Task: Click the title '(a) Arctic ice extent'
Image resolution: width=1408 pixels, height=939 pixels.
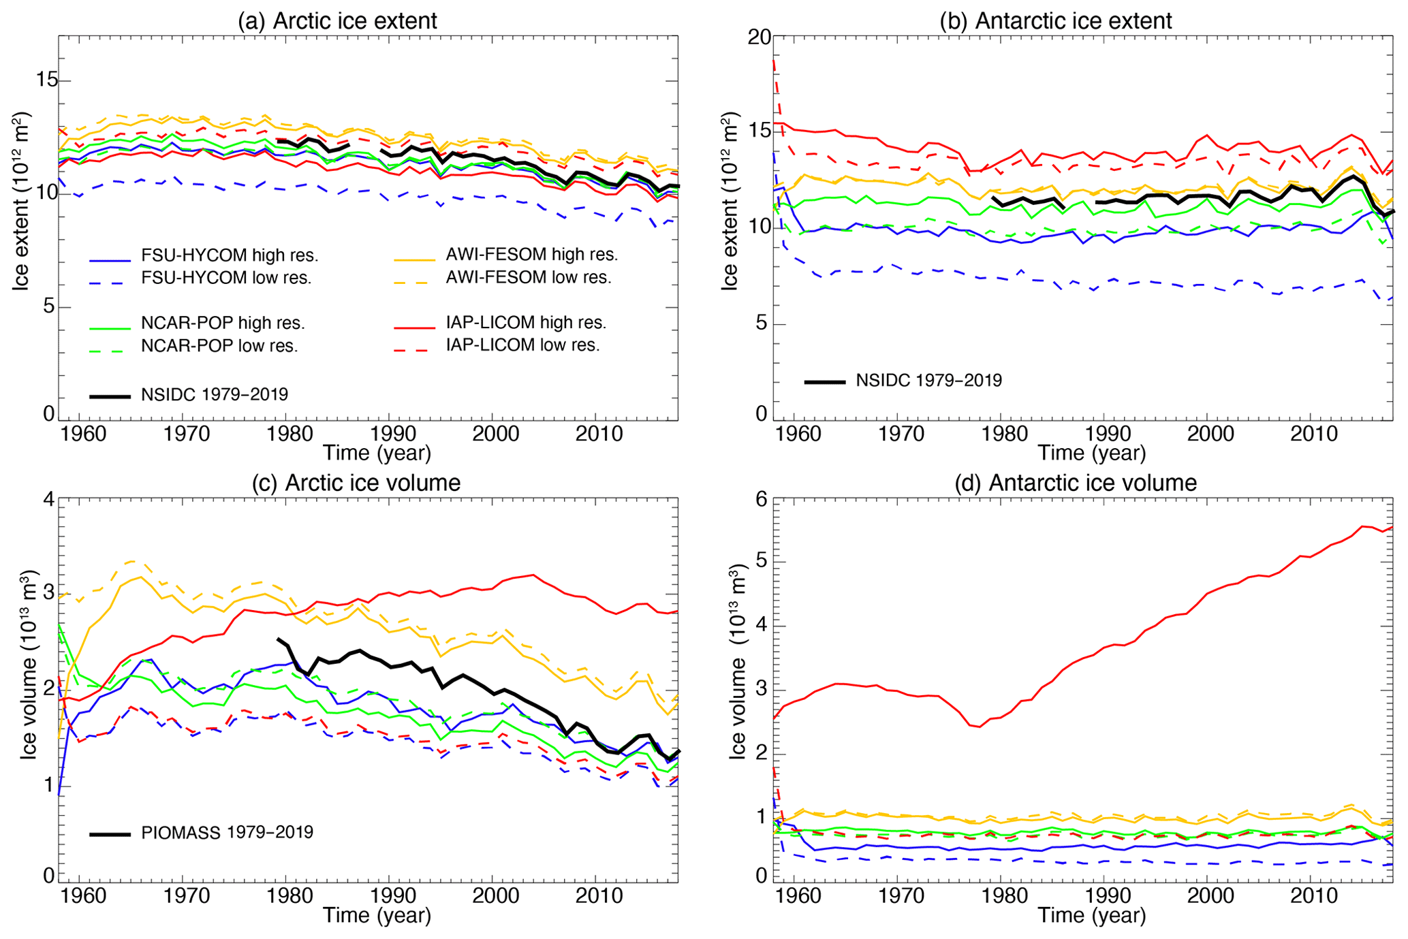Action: point(337,20)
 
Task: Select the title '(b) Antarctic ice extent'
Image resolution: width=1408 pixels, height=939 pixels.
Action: point(1056,20)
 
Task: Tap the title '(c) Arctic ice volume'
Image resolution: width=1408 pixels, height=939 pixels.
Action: point(356,483)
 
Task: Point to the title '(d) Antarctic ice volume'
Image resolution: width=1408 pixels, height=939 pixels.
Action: point(1076,483)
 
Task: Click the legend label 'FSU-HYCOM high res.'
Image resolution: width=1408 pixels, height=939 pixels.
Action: point(230,256)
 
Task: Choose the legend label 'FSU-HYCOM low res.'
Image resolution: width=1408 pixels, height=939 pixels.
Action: point(226,278)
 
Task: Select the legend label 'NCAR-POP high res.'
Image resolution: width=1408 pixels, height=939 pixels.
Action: point(223,323)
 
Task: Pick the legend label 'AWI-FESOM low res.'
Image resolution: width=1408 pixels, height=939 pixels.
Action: point(529,277)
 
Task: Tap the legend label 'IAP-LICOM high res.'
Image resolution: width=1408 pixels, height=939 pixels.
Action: point(526,322)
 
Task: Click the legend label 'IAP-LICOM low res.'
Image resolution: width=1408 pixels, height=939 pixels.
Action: point(522,345)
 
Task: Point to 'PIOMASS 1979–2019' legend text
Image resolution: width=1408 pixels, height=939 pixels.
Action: point(228,832)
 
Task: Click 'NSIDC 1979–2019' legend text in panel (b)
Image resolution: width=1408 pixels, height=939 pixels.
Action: point(929,380)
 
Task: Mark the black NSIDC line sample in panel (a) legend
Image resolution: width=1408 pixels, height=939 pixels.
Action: point(110,396)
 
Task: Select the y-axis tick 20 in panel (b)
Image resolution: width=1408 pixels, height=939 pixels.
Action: point(760,37)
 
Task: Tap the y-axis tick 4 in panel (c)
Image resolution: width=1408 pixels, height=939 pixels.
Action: point(48,499)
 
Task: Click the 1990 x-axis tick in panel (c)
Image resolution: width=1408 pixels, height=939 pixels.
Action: point(390,894)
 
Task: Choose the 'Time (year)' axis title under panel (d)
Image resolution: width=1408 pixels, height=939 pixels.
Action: point(1092,915)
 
